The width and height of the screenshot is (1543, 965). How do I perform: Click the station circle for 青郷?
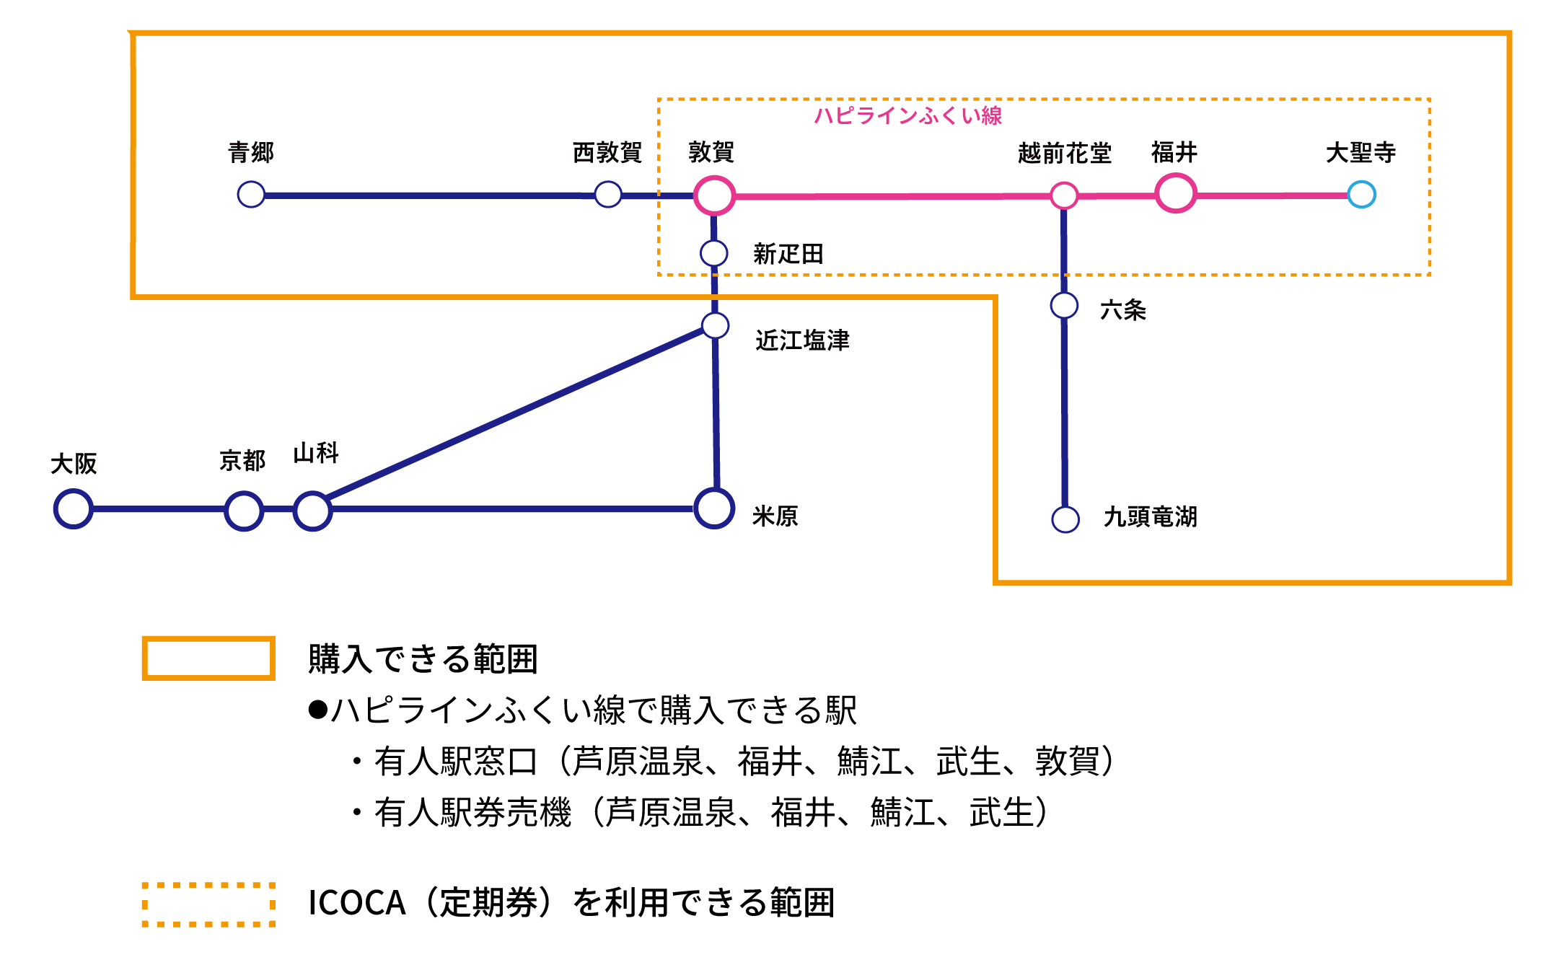[251, 194]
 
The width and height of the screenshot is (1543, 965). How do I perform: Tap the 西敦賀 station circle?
[608, 194]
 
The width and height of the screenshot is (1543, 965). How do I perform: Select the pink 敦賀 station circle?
[714, 195]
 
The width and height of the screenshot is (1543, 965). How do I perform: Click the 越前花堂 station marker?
[1064, 195]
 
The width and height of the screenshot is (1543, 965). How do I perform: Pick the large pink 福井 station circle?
[1176, 193]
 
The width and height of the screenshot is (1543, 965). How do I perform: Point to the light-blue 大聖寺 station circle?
[1362, 194]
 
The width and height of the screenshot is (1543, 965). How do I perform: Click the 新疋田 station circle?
[714, 253]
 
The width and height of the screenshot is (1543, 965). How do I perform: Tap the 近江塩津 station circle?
[715, 325]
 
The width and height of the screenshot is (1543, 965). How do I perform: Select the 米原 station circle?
[714, 508]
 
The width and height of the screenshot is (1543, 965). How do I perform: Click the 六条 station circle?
[1064, 305]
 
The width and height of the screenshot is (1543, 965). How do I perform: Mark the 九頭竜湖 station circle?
[1065, 519]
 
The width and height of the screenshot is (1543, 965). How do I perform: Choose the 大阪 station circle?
[74, 508]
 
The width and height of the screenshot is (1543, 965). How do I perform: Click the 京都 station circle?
[244, 511]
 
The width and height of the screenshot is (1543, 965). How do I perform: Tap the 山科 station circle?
[312, 511]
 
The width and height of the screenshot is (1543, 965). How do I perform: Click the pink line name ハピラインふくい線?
[908, 115]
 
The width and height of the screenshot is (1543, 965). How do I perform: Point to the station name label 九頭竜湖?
[1151, 516]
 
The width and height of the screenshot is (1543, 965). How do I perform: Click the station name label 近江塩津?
[802, 340]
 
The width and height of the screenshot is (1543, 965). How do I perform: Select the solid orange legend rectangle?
[208, 658]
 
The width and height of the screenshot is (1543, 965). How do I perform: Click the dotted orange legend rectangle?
[208, 904]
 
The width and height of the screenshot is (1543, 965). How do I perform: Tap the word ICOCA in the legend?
[356, 903]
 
